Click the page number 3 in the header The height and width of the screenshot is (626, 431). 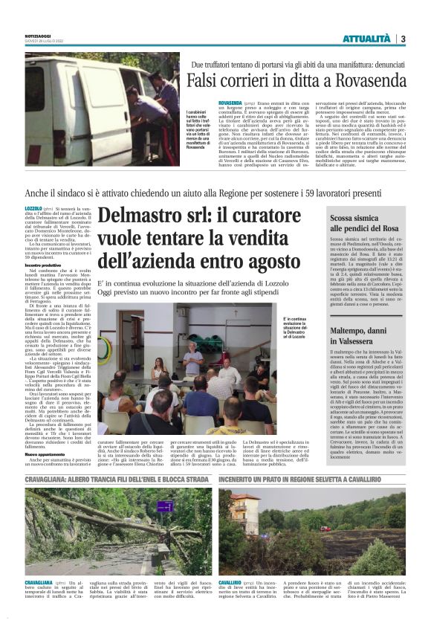tap(402, 39)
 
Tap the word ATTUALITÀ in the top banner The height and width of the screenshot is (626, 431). tap(366, 39)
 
